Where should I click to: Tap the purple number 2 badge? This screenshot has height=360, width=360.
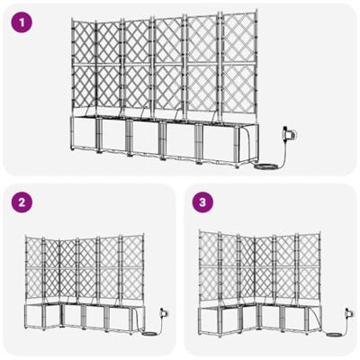pos(20,203)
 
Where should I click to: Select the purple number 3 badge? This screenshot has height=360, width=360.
pos(205,203)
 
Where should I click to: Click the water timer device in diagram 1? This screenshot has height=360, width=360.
pos(289,136)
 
